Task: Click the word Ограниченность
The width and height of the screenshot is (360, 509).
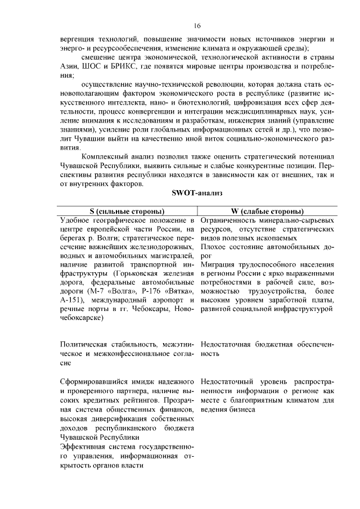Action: (229, 220)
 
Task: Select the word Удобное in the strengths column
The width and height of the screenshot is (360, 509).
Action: (76, 220)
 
